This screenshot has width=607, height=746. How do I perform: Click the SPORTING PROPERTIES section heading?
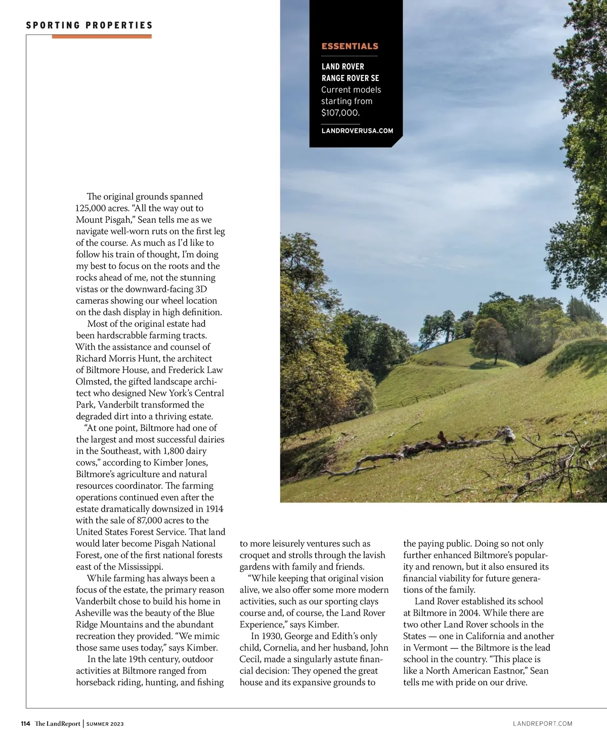[x=89, y=25]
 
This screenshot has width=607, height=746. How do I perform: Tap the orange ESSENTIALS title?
[x=350, y=46]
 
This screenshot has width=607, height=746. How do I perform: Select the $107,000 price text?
[x=340, y=113]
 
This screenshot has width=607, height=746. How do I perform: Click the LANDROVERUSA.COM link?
[x=357, y=131]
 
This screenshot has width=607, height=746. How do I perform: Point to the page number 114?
[x=26, y=724]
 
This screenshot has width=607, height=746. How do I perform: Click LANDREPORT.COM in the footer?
[x=542, y=724]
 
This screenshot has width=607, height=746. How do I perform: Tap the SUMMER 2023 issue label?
[x=105, y=724]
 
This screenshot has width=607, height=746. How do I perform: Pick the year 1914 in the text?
[x=214, y=509]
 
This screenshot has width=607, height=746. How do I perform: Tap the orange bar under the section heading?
[x=101, y=36]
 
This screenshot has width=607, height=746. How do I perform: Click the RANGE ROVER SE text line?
[x=350, y=78]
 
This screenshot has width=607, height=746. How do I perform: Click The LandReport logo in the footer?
[x=58, y=724]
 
